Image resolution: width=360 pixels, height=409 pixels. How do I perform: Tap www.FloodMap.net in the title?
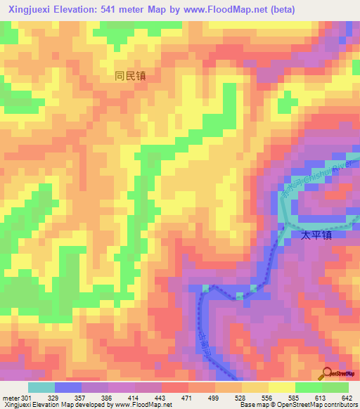click(x=229, y=9)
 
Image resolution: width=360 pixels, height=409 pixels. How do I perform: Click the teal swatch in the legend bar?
click(x=41, y=387)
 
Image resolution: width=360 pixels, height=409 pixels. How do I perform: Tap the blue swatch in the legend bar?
click(x=68, y=387)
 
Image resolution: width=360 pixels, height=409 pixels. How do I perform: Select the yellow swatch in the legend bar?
click(x=281, y=387)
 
